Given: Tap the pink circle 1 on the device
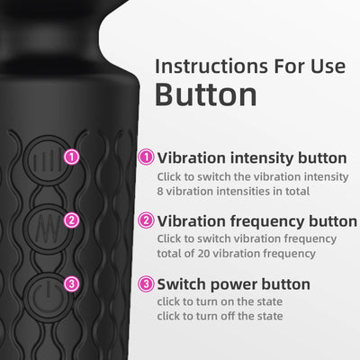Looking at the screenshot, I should point(72,157).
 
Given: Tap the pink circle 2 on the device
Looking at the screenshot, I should point(72,219).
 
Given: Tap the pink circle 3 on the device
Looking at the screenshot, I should point(72,283).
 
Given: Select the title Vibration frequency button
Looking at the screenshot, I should point(256,220).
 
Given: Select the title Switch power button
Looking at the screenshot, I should point(234,284).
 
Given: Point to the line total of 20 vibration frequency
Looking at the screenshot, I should point(235,256).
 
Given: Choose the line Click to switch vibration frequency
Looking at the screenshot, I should point(247,239).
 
